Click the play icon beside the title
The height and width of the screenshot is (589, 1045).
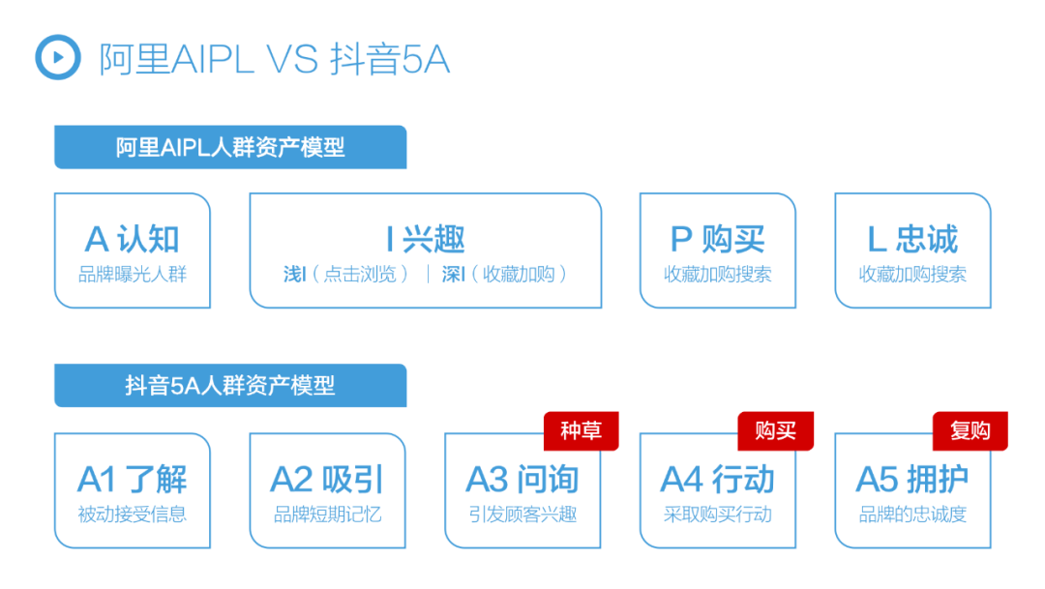pyautogui.click(x=58, y=57)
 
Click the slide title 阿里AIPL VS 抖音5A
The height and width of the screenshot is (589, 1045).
pyautogui.click(x=275, y=59)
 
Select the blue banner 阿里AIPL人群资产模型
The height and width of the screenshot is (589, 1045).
pyautogui.click(x=230, y=147)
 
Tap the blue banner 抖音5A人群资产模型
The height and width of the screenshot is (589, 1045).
pyautogui.click(x=230, y=385)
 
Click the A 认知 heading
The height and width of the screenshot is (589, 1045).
pyautogui.click(x=132, y=239)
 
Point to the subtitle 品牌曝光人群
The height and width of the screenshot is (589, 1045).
pyautogui.click(x=132, y=274)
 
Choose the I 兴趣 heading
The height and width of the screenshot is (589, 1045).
pyautogui.click(x=425, y=239)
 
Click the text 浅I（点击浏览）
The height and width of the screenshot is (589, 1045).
pyautogui.click(x=345, y=274)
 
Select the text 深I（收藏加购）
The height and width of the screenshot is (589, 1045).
pyautogui.click(x=504, y=274)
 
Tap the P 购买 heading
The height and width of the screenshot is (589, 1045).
pyautogui.click(x=717, y=239)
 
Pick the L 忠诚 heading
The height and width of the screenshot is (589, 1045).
pyautogui.click(x=912, y=239)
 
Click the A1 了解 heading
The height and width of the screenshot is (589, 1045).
pyautogui.click(x=132, y=479)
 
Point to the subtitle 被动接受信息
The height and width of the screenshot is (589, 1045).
pyautogui.click(x=132, y=515)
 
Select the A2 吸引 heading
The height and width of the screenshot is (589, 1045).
pyautogui.click(x=327, y=479)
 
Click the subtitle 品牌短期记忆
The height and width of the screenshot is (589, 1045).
pyautogui.click(x=327, y=515)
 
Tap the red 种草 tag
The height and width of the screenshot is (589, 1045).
pyautogui.click(x=582, y=431)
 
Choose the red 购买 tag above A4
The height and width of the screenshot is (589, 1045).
pyautogui.click(x=776, y=431)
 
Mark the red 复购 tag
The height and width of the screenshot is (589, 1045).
pyautogui.click(x=970, y=431)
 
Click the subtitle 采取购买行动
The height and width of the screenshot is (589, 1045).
pyautogui.click(x=717, y=515)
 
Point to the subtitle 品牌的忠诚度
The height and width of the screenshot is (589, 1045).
pyautogui.click(x=912, y=515)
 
